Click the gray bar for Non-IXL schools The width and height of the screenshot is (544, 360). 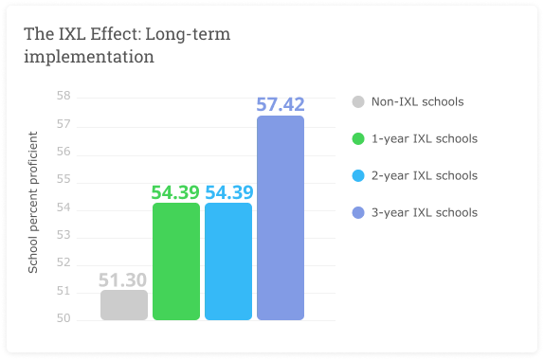pyautogui.click(x=124, y=305)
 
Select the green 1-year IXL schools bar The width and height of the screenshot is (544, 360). pyautogui.click(x=176, y=261)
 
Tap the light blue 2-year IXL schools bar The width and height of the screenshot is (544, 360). pyautogui.click(x=228, y=261)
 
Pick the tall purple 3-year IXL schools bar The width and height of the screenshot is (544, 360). pyautogui.click(x=281, y=218)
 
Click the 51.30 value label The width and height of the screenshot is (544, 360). pyautogui.click(x=124, y=279)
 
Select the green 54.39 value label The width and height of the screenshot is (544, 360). pyautogui.click(x=175, y=192)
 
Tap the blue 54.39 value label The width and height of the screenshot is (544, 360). pyautogui.click(x=228, y=192)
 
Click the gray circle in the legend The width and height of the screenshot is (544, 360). pyautogui.click(x=358, y=102)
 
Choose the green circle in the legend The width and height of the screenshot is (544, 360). pyautogui.click(x=358, y=139)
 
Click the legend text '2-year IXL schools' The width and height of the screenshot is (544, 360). pyautogui.click(x=424, y=176)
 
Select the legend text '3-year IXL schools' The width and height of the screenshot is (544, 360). pyautogui.click(x=424, y=212)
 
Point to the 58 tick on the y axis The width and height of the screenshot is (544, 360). pyautogui.click(x=64, y=97)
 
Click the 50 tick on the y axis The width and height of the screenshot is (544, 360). pyautogui.click(x=64, y=319)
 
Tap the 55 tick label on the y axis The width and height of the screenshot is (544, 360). pyautogui.click(x=64, y=180)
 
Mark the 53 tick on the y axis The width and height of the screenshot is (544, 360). pyautogui.click(x=64, y=236)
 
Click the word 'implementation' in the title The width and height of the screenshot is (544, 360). pyautogui.click(x=89, y=57)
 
